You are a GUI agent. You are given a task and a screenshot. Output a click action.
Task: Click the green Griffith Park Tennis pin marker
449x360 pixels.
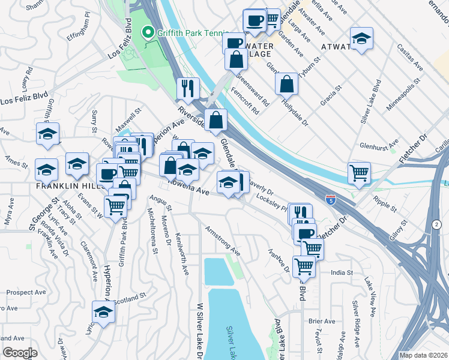[x=147, y=32]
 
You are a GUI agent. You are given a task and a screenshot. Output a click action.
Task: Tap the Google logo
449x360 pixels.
[x=19, y=353]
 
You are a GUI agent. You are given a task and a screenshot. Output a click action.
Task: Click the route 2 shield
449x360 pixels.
[x=434, y=224]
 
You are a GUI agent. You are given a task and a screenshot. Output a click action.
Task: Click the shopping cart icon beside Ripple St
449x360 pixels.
[x=359, y=172]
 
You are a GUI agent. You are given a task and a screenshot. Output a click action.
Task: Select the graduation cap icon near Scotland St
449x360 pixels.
[x=103, y=312]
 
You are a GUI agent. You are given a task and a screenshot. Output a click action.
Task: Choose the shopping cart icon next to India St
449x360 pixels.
[x=304, y=266]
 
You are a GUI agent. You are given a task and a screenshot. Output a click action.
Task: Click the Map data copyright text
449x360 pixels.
[x=423, y=355]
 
